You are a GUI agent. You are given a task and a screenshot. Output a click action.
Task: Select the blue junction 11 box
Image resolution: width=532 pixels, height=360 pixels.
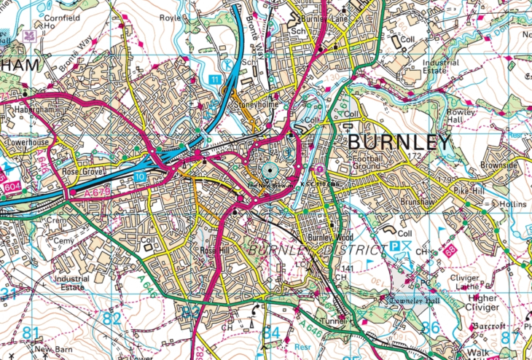click(x=214, y=78)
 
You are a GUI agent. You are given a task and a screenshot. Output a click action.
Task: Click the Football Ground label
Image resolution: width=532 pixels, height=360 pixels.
click(x=378, y=161)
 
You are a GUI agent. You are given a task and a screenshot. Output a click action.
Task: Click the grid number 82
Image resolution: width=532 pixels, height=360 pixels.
click(x=112, y=318)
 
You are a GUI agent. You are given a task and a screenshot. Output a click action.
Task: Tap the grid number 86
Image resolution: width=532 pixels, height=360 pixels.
click(x=431, y=327)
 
